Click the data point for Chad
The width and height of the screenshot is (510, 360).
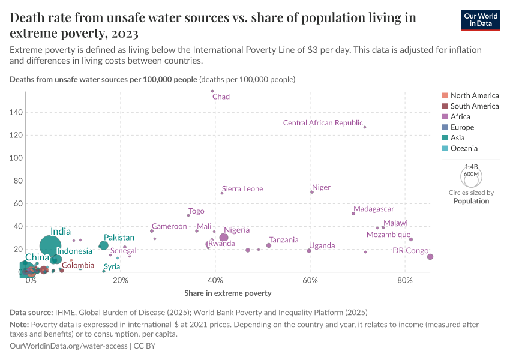point(212,91)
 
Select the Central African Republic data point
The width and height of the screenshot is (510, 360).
point(365,127)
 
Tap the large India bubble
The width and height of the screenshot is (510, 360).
point(51,245)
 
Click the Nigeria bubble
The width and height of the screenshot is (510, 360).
point(224,238)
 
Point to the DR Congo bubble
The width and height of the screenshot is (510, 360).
point(430,257)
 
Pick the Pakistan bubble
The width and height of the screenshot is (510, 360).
point(104,245)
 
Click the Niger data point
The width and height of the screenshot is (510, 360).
point(312,192)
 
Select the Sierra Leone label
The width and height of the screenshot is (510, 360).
point(242,189)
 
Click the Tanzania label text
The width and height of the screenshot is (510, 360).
point(283,240)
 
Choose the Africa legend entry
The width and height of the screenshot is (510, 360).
point(461,116)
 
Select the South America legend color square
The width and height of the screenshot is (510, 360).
point(444,106)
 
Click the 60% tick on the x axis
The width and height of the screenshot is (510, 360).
point(310,281)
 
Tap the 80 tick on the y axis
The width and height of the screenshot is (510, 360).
point(17,181)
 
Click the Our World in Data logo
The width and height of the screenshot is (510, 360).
point(481,20)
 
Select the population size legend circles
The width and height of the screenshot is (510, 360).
point(471,176)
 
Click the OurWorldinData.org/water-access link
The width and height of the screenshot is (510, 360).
point(68,346)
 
